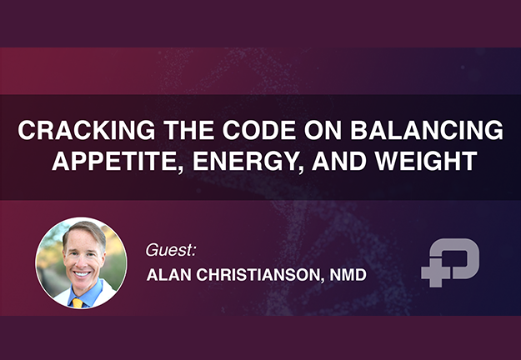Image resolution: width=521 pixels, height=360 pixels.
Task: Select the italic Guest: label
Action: click(x=171, y=250)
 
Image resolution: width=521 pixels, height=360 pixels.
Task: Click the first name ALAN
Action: click(x=168, y=275)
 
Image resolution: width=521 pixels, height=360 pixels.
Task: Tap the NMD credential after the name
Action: click(x=348, y=275)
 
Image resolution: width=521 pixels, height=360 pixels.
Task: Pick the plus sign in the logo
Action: click(x=436, y=272)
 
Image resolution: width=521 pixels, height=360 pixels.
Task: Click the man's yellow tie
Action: click(x=78, y=302)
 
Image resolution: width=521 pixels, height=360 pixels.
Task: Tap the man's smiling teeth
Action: click(x=82, y=274)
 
